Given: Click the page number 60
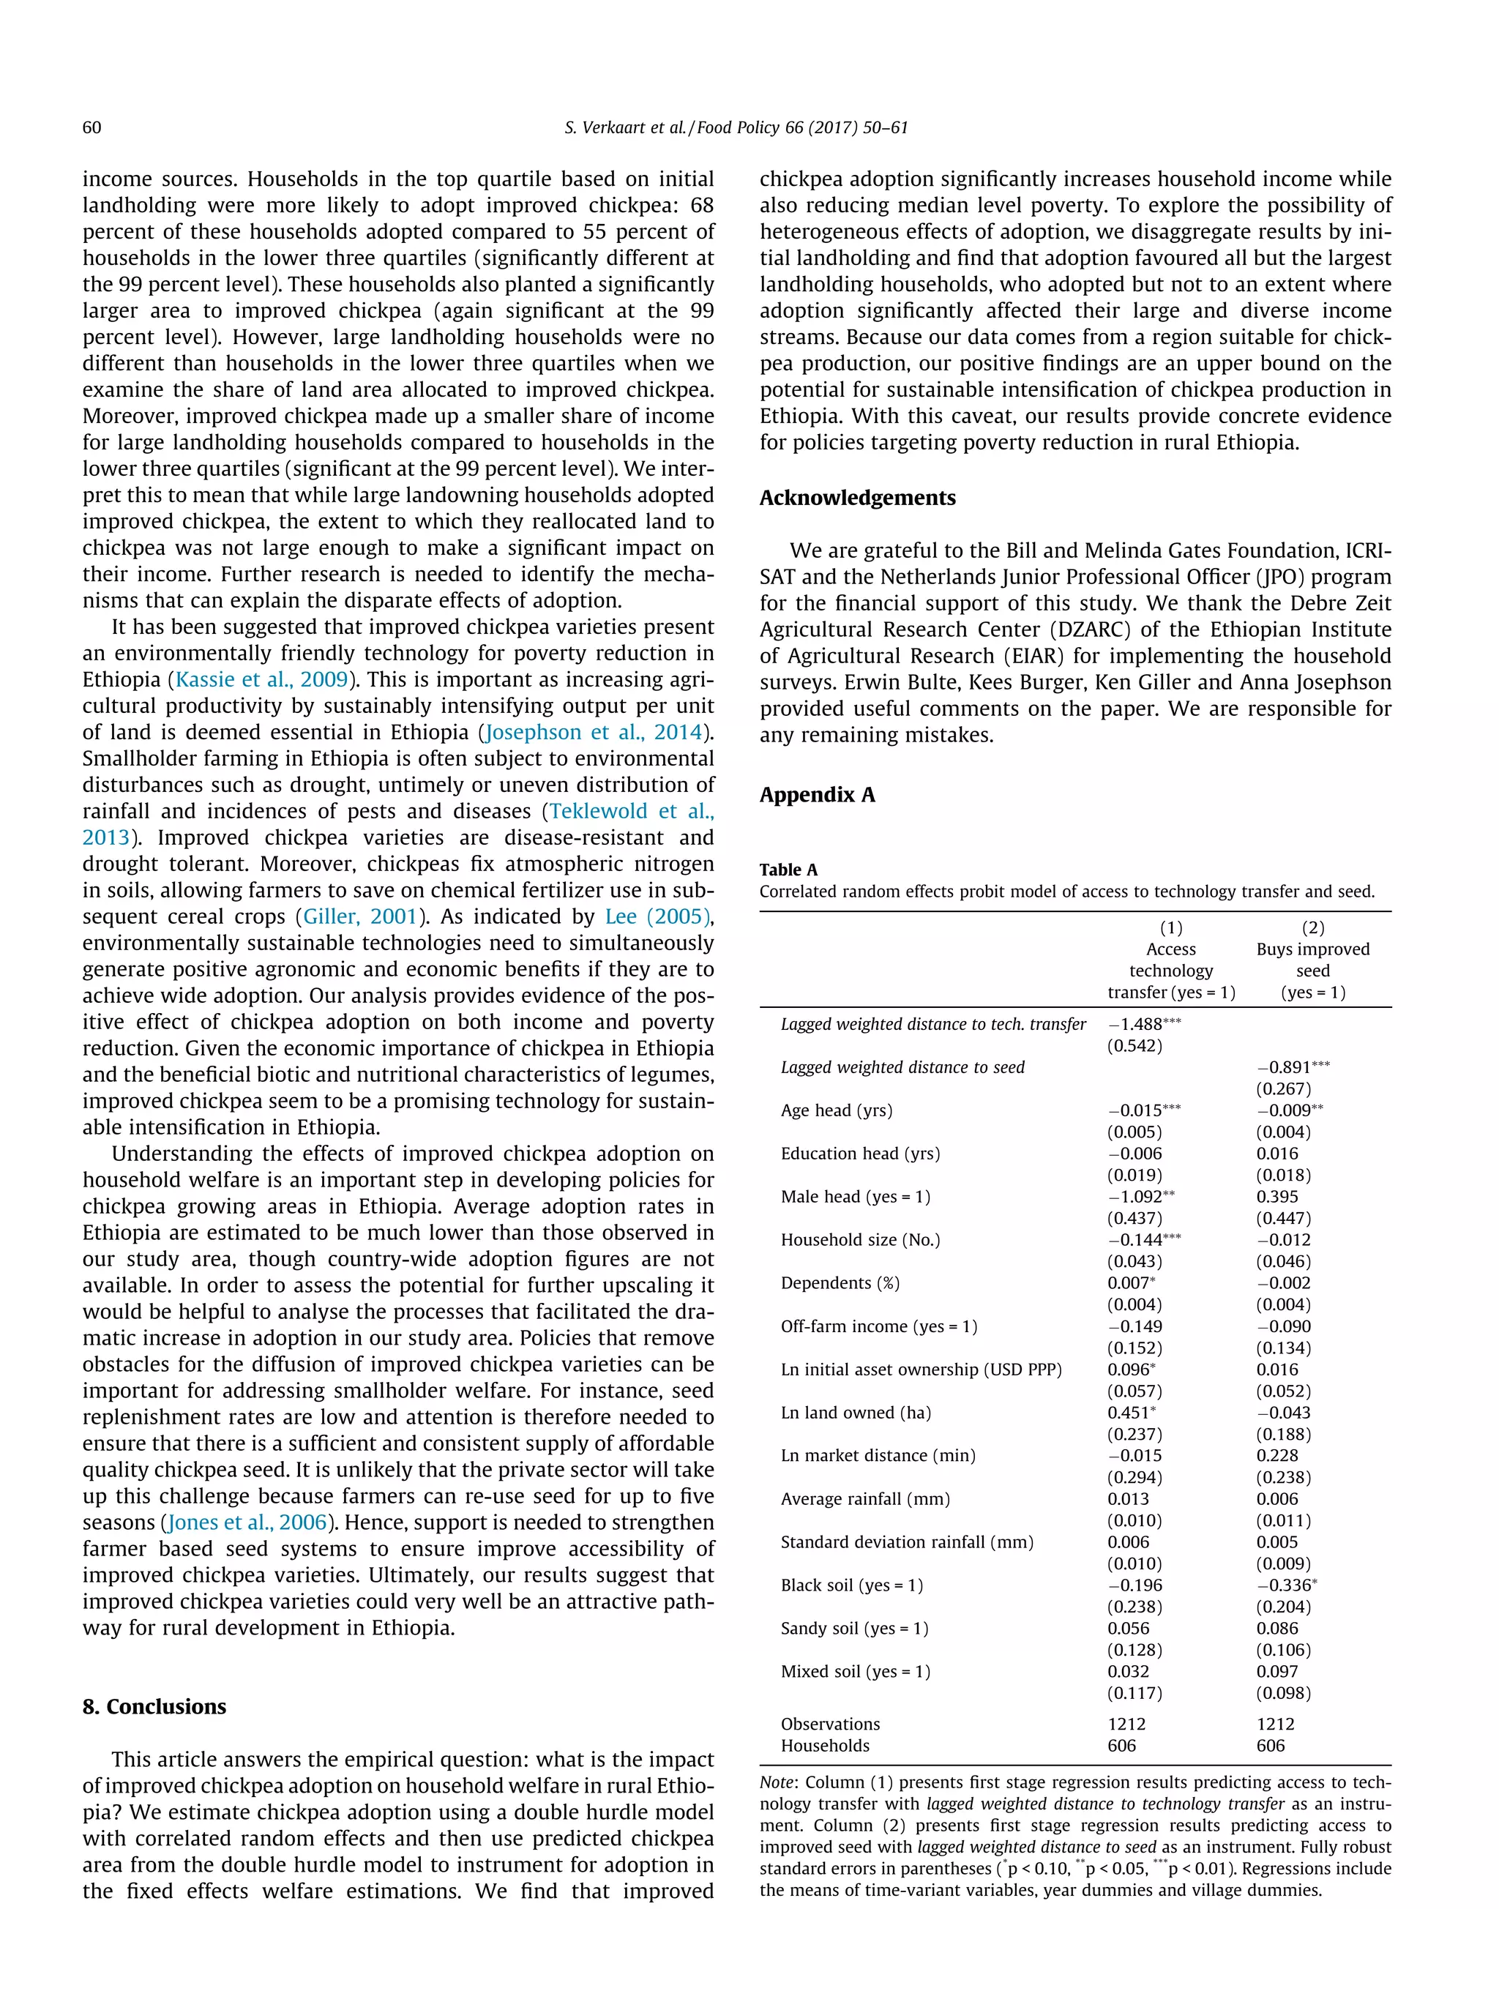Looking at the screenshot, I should [x=91, y=127].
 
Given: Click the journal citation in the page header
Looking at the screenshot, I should [x=736, y=127].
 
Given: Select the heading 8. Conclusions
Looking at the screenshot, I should [x=154, y=1706].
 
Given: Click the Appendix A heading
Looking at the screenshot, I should [x=817, y=794].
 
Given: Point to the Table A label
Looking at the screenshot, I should [x=788, y=870].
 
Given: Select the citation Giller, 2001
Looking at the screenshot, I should [x=359, y=916].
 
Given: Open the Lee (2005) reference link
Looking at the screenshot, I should [x=657, y=916].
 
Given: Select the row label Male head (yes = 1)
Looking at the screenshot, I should [x=855, y=1197].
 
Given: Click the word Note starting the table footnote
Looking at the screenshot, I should [x=778, y=1783].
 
